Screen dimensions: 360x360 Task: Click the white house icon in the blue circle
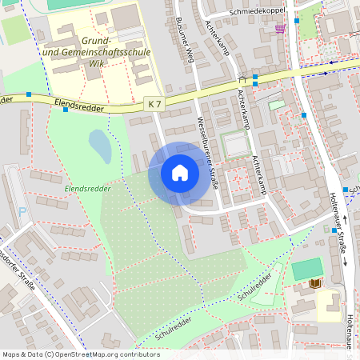[180, 173]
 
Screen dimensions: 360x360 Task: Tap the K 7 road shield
[155, 103]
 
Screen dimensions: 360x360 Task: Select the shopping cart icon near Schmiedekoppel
[280, 28]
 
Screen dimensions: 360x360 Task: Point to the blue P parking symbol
[22, 212]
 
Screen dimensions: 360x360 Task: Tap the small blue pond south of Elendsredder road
[100, 146]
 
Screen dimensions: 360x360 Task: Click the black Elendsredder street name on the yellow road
[82, 103]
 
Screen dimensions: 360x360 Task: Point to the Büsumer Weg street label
[190, 38]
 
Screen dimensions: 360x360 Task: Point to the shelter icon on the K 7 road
[242, 80]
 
